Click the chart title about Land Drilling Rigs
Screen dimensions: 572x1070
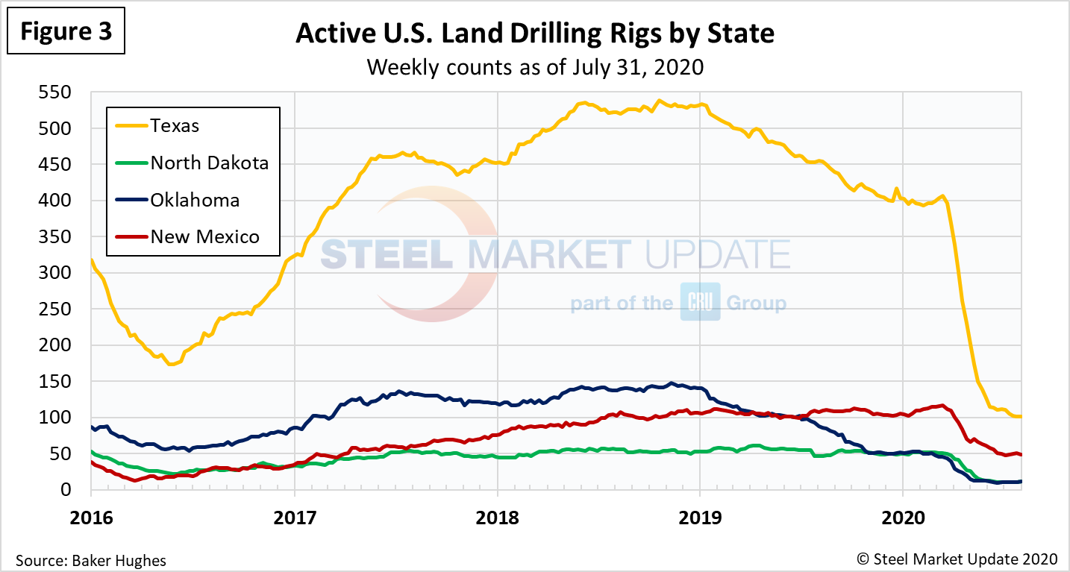pyautogui.click(x=535, y=34)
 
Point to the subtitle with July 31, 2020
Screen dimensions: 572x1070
pyautogui.click(x=535, y=67)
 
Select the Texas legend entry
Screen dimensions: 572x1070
pyautogui.click(x=175, y=125)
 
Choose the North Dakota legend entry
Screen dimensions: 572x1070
pyautogui.click(x=209, y=163)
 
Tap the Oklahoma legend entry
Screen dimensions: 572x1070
pyautogui.click(x=195, y=200)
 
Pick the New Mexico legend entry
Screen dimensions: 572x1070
pyautogui.click(x=205, y=237)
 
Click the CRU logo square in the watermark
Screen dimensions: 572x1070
pyautogui.click(x=700, y=303)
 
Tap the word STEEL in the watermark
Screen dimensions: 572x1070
pyautogui.click(x=388, y=254)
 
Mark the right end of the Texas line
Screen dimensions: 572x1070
pyautogui.click(x=1020, y=416)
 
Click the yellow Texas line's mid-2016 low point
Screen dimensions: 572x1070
pyautogui.click(x=172, y=364)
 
